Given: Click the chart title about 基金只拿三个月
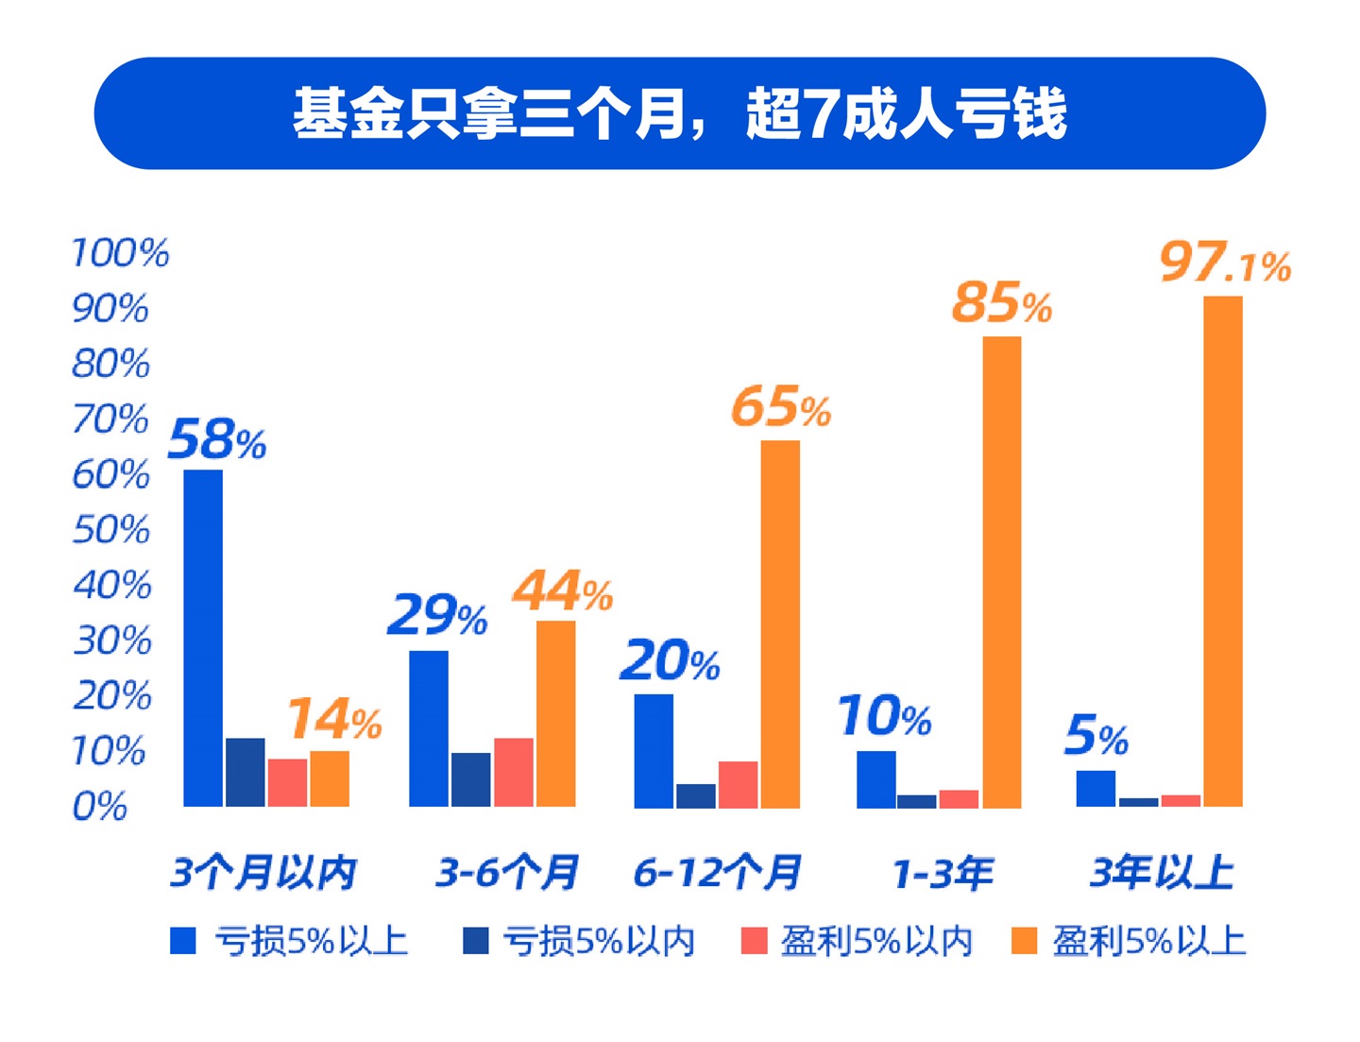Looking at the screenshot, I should pyautogui.click(x=679, y=113).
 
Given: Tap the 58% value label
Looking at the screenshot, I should pyautogui.click(x=217, y=439).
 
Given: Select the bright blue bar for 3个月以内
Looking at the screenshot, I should pyautogui.click(x=203, y=639).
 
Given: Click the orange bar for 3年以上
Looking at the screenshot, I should pyautogui.click(x=1222, y=552).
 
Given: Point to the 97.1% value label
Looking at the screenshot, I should pyautogui.click(x=1225, y=263).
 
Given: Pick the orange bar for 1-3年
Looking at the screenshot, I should pyautogui.click(x=1001, y=572).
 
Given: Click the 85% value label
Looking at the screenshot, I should pyautogui.click(x=1001, y=303).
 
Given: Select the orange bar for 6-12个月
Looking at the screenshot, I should pyautogui.click(x=780, y=623).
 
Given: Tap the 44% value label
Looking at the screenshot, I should pyautogui.click(x=562, y=592).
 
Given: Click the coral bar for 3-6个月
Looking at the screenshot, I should pyautogui.click(x=513, y=773).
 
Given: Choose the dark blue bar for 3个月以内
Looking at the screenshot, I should pyautogui.click(x=246, y=773).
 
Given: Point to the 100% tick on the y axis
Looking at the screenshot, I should pyautogui.click(x=120, y=253).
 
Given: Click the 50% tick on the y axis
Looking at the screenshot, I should pyautogui.click(x=111, y=530).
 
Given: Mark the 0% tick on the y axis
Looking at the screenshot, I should pyautogui.click(x=100, y=807).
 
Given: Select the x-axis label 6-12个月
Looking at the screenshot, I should pyautogui.click(x=717, y=872).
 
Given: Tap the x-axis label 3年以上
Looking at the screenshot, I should pyautogui.click(x=1162, y=872).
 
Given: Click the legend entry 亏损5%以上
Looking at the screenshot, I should pyautogui.click(x=289, y=941).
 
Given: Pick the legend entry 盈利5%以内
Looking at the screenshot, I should pyautogui.click(x=858, y=941).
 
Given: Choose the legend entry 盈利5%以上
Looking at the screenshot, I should pyautogui.click(x=1130, y=941).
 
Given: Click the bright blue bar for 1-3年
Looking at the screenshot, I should pyautogui.click(x=875, y=779).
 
